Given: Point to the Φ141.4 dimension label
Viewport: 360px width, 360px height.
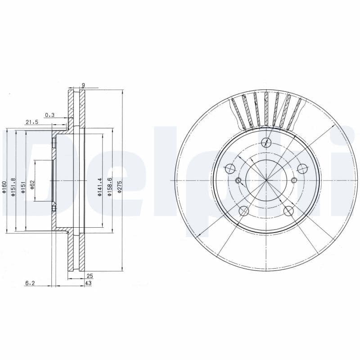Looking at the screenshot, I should tap(100, 186).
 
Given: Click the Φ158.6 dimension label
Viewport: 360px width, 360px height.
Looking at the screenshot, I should tap(109, 186).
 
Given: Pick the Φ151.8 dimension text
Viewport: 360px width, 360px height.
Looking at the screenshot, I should tap(14, 186).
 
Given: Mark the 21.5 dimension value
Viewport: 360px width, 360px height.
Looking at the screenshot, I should tap(32, 122).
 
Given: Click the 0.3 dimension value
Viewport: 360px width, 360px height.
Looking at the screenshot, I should tap(49, 115).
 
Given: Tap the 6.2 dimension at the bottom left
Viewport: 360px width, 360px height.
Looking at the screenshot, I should tap(30, 283).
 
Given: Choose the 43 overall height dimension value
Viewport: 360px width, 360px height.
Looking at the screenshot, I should tap(88, 283).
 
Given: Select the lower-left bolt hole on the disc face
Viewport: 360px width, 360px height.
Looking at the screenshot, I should tap(243, 211).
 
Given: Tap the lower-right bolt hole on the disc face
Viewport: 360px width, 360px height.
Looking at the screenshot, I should tap(289, 210).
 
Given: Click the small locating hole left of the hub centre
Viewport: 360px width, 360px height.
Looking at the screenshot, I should tap(238, 181).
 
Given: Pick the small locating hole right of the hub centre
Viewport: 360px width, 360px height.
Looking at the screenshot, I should tap(294, 180).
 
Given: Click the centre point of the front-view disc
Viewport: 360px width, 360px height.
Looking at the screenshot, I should tap(266, 180).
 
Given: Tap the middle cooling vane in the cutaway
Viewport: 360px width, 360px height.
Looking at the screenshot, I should tap(266, 108).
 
